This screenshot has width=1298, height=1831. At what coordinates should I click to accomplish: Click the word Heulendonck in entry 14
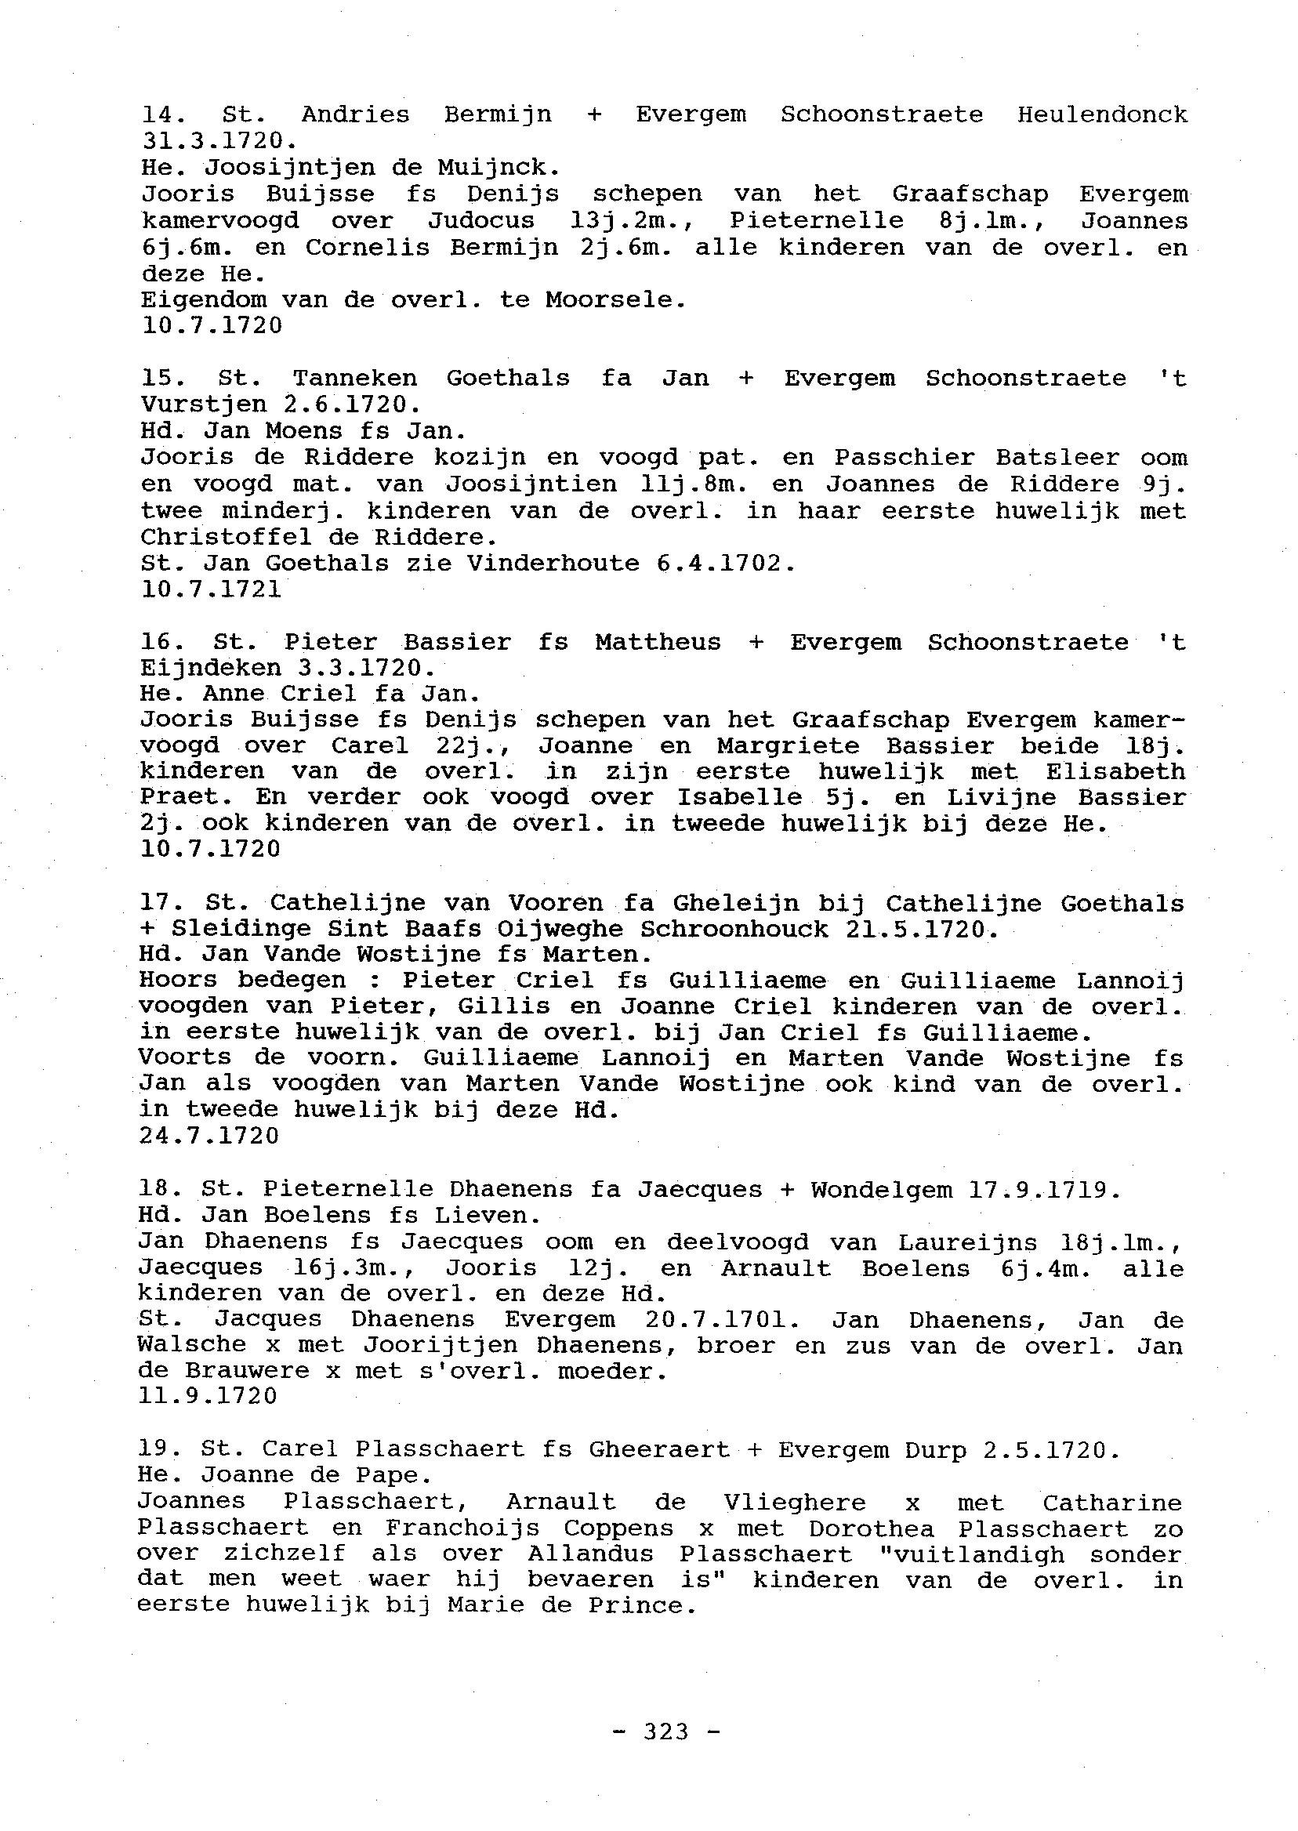coord(1102,114)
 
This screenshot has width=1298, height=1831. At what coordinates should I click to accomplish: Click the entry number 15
coord(160,378)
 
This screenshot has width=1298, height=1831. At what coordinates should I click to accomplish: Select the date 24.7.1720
coord(209,1136)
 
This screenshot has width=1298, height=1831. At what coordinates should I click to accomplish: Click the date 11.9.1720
coord(208,1396)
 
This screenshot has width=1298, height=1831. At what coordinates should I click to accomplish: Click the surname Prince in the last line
coord(638,1606)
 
